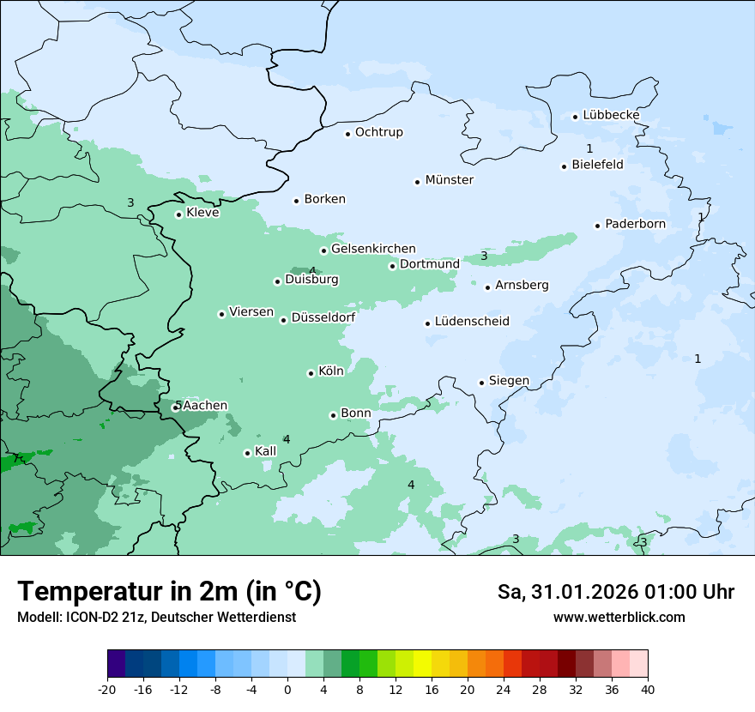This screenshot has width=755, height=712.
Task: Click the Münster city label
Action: pos(449,180)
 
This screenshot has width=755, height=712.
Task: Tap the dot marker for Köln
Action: pos(311,373)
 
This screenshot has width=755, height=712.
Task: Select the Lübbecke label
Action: pos(611,115)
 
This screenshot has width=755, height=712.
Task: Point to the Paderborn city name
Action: pos(635,225)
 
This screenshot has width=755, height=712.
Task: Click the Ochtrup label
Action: pos(378,132)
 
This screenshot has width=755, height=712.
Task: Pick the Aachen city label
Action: pos(205,406)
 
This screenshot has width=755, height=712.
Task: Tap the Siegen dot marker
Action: pos(482,383)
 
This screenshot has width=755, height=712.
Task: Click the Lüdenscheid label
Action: pos(472,322)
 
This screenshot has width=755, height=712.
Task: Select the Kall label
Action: pos(265,451)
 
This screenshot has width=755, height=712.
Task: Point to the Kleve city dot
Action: pos(178,214)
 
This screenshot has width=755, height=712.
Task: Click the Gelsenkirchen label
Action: pos(373,249)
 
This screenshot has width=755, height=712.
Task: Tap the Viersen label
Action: pos(251,312)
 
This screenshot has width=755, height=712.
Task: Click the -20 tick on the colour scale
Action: pos(107,689)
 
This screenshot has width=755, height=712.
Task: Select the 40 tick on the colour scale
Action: pos(648,689)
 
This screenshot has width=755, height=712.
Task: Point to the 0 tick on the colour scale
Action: pos(287,689)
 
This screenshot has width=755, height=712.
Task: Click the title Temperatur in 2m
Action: pos(169,592)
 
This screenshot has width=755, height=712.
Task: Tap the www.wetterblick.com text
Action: pos(619,618)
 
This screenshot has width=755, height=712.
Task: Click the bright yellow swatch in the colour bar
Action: pos(422,664)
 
